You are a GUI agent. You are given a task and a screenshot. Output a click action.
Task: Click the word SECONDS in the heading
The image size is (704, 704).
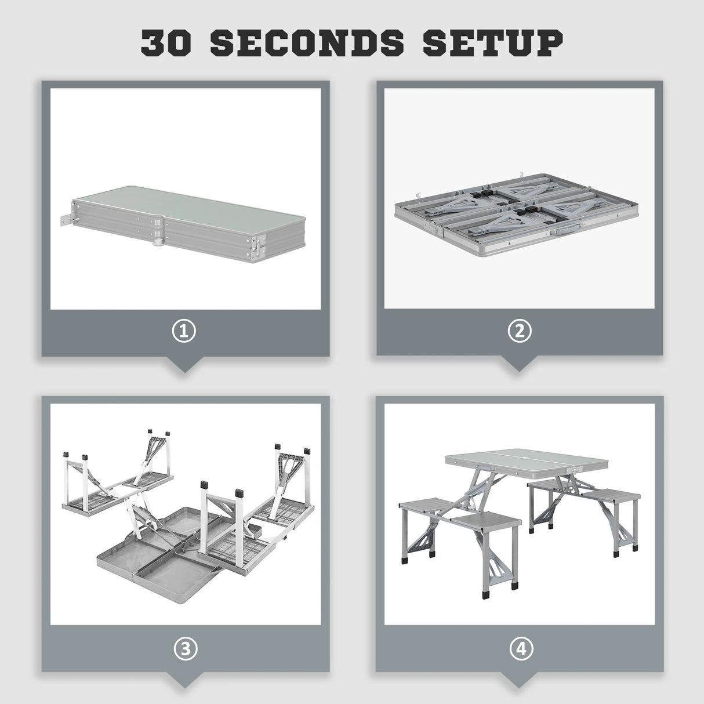pos(307,43)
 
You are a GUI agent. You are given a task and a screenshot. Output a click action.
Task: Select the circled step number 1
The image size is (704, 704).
pos(184,331)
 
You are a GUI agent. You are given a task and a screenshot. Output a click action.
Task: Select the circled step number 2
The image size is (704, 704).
pos(520,331)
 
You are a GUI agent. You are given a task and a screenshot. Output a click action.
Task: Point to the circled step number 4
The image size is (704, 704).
pos(521,649)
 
